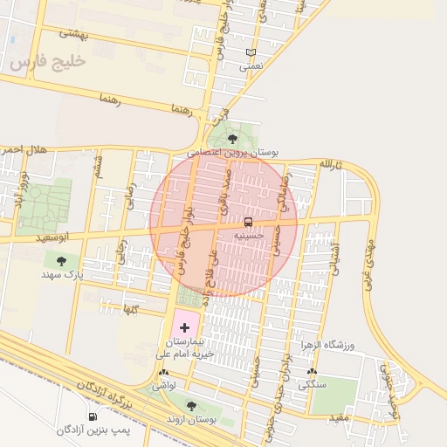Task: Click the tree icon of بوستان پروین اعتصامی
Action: [231, 138]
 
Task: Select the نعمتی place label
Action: [251, 65]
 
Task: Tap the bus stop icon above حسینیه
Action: [248, 222]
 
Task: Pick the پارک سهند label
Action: [60, 274]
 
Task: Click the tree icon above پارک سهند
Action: [60, 260]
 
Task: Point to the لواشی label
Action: [164, 384]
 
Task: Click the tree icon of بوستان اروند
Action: [191, 405]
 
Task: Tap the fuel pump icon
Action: [93, 416]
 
